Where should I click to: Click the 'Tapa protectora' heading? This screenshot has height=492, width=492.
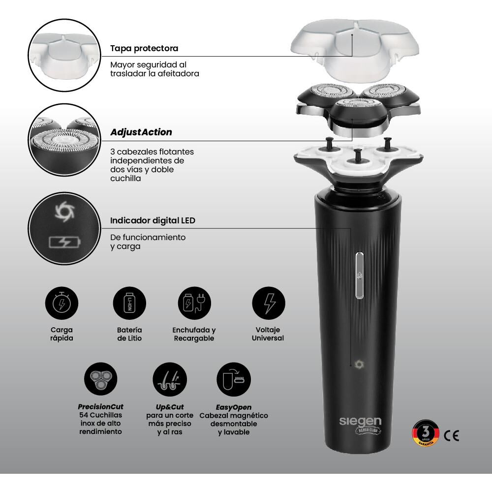coord(144,48)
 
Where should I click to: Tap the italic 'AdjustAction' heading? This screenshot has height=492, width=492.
coord(141,132)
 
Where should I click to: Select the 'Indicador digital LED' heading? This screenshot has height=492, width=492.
coord(153,220)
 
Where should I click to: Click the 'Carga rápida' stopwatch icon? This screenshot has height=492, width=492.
coord(61,304)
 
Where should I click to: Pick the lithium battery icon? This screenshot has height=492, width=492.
coord(129,304)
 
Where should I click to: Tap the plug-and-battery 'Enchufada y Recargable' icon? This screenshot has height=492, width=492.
coord(194,304)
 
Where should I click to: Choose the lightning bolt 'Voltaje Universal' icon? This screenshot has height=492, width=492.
coord(269,304)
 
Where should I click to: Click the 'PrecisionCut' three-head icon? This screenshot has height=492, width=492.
coord(101,379)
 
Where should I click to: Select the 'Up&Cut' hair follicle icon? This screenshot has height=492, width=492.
coord(170,379)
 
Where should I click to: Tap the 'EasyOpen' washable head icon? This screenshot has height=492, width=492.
coord(234,379)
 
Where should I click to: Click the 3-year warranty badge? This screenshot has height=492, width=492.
coord(426,433)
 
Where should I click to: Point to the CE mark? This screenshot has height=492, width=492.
coord(452,435)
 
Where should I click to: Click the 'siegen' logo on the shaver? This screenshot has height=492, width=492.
coord(360,422)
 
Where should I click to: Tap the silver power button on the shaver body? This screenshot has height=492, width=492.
coord(360,275)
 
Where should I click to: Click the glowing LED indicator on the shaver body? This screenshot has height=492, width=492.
coord(359,364)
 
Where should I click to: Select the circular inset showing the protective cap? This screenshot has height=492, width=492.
coord(64,55)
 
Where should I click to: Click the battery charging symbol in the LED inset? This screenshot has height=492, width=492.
coord(65,242)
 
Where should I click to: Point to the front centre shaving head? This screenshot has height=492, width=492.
coord(357,117)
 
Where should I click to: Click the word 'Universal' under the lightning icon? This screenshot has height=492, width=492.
coord(268,338)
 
